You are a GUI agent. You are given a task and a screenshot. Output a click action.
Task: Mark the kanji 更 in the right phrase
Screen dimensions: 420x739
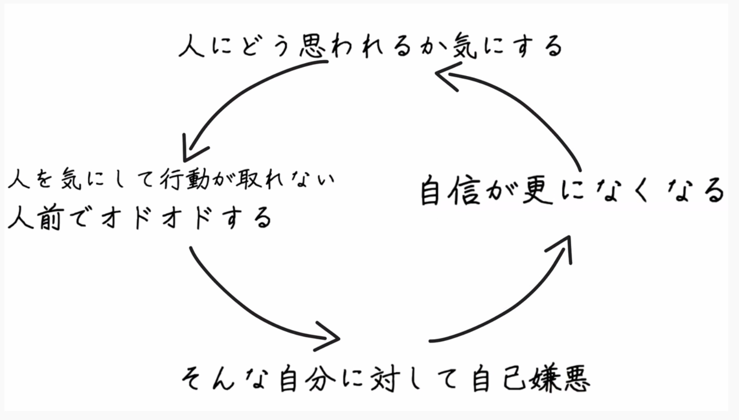537,191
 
